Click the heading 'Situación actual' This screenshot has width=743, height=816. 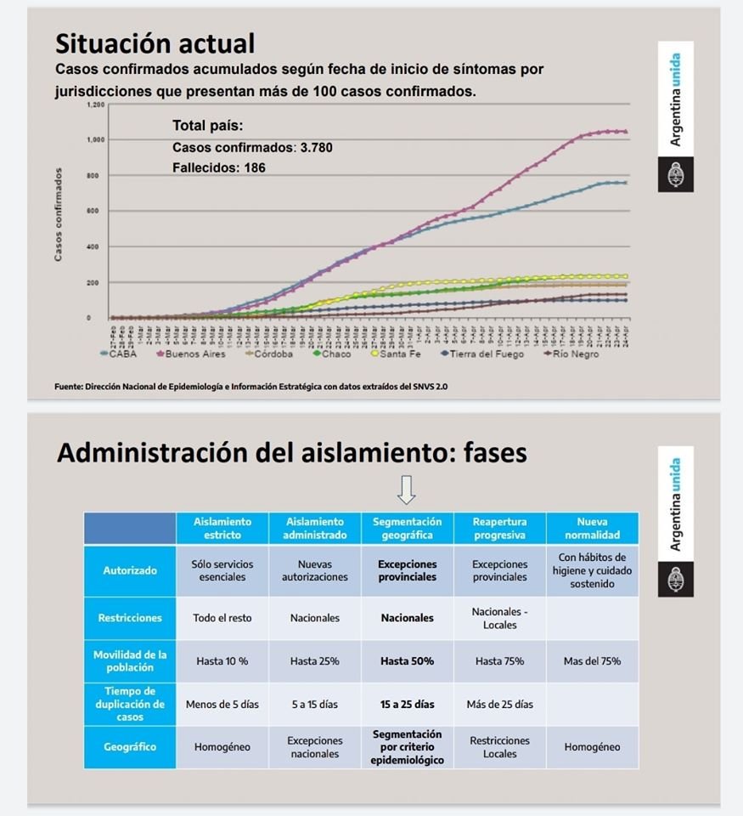coord(155,42)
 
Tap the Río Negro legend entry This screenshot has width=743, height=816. coord(576,354)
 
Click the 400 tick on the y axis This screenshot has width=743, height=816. coord(94,246)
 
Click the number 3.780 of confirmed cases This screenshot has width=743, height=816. coord(316,148)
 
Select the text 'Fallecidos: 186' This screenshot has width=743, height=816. coord(219,168)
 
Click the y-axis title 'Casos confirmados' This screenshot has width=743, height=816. coord(58,215)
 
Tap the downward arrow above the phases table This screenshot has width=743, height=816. coord(407,489)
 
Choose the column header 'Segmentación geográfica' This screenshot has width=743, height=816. coord(407,528)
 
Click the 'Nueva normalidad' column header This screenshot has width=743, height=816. coord(592,528)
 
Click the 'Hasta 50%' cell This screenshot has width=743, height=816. coord(407,660)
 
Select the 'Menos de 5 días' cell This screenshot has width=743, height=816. coord(222,704)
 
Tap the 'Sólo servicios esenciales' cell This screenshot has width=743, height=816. coord(222,570)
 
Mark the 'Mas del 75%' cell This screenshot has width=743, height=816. coord(592,660)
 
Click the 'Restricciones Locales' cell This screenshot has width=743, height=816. coord(499,747)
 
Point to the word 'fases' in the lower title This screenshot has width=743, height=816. coord(494,453)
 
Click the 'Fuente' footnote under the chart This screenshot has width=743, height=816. coord(250,387)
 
